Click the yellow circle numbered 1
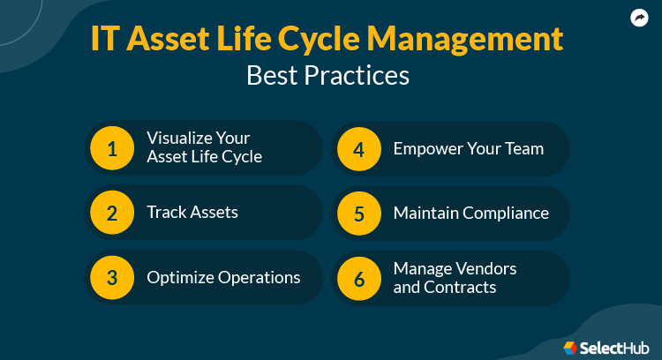(x=112, y=148)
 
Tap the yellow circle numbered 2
(x=112, y=213)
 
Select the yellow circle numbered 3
(x=112, y=278)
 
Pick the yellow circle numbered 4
(x=358, y=148)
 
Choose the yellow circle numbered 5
(x=358, y=213)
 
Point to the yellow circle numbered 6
(x=358, y=278)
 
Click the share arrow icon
(x=639, y=18)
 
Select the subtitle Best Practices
(x=327, y=75)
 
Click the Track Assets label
(x=192, y=213)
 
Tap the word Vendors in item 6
(x=486, y=268)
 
